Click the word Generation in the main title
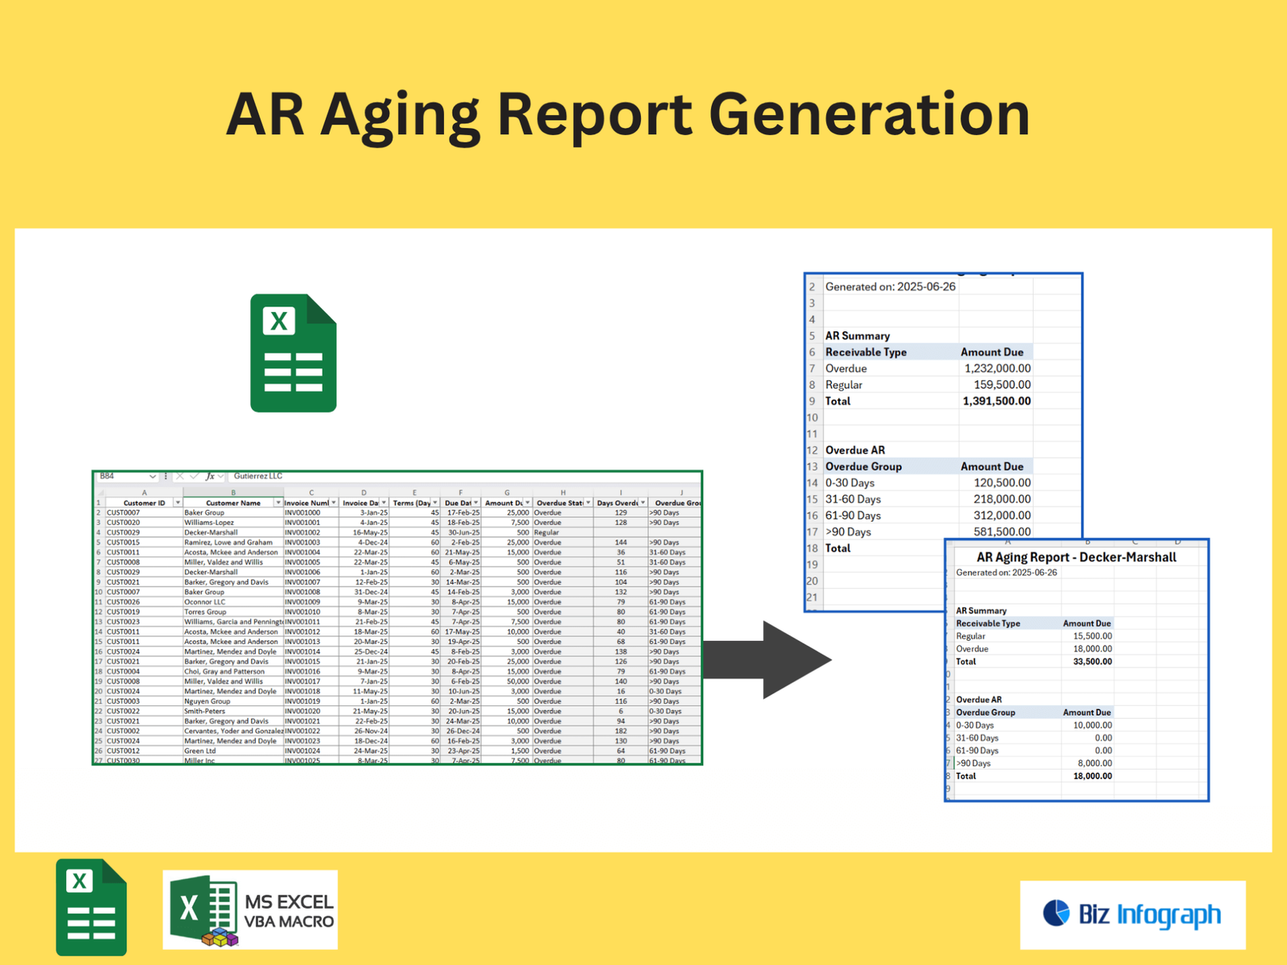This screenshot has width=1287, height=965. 869,115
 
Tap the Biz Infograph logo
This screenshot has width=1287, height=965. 1133,914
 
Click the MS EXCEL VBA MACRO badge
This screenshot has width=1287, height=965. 250,910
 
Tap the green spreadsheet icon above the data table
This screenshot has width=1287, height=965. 293,353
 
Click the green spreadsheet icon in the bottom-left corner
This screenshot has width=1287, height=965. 91,907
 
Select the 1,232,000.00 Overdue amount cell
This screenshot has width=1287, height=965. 997,368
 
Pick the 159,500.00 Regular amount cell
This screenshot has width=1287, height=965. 1001,384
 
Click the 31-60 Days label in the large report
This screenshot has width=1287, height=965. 853,499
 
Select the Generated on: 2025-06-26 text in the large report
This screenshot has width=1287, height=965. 890,287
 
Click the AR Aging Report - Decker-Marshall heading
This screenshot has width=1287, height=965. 1075,557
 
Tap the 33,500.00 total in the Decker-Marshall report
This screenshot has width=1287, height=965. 1092,662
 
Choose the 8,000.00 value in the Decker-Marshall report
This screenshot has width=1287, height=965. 1095,763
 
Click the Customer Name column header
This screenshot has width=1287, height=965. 232,503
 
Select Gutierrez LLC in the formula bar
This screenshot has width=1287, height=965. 257,476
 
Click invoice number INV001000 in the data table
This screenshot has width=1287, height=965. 302,512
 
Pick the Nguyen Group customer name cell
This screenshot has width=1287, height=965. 207,701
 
